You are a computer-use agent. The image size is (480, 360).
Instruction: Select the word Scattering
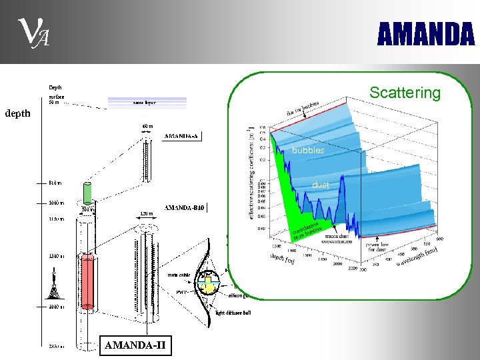tap(405, 93)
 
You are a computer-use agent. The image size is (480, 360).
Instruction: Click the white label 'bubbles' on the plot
tap(308, 151)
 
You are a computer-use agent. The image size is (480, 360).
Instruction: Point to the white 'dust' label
tap(321, 185)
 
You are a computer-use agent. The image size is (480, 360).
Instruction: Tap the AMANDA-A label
tap(181, 136)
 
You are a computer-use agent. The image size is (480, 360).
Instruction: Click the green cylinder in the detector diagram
tap(87, 192)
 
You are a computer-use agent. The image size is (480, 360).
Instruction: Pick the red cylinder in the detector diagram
tap(88, 280)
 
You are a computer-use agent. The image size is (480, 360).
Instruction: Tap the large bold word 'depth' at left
tap(17, 113)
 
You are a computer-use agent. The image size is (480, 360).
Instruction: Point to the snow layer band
tap(147, 102)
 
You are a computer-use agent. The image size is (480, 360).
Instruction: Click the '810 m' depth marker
tap(55, 183)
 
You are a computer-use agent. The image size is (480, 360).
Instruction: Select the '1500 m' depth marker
tap(55, 255)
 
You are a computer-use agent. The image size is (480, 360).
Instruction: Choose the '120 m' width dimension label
tap(147, 214)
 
